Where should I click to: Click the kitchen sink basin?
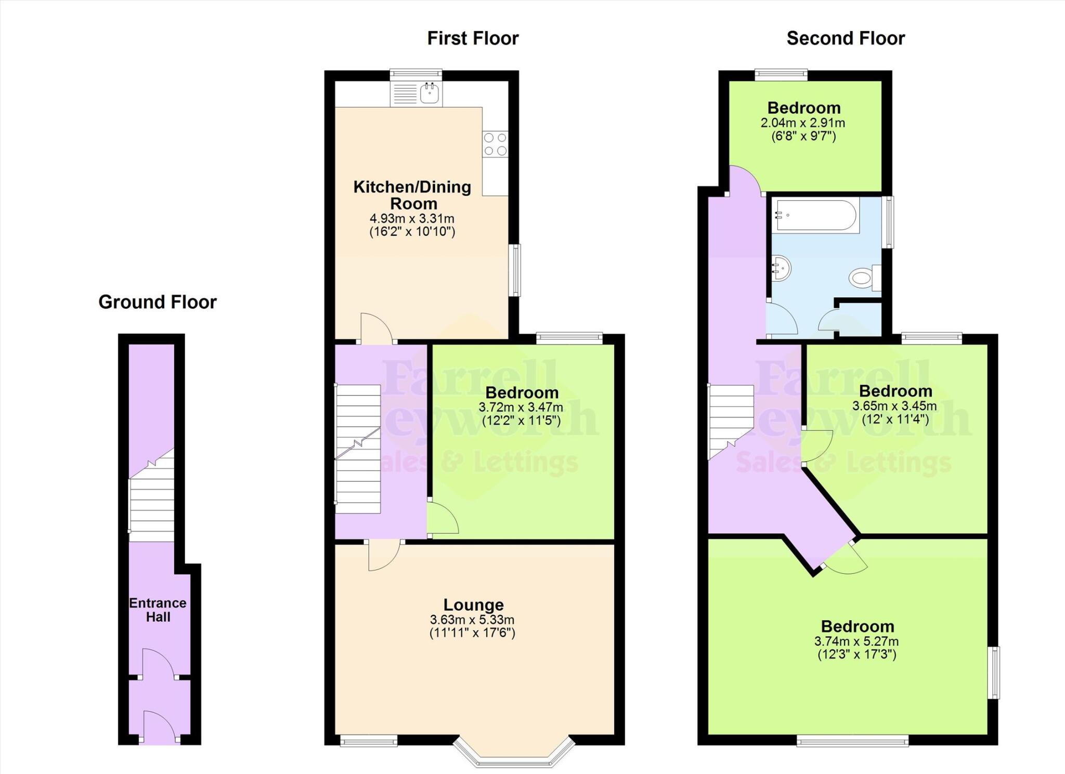point(431,94)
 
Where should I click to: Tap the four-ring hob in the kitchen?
point(495,144)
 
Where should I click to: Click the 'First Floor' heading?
point(473,38)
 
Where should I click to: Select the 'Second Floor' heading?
point(846,38)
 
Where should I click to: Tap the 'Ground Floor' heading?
point(158,302)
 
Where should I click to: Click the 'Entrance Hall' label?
point(158,610)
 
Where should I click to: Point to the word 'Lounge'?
point(473,605)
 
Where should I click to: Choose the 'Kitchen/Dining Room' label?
point(412,195)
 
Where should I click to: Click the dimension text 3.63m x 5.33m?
point(472,620)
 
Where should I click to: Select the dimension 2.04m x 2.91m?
point(803,123)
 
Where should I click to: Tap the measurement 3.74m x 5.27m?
point(856,641)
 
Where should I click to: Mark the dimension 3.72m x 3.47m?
point(521,407)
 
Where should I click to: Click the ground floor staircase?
point(151,499)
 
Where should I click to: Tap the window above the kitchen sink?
point(416,75)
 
